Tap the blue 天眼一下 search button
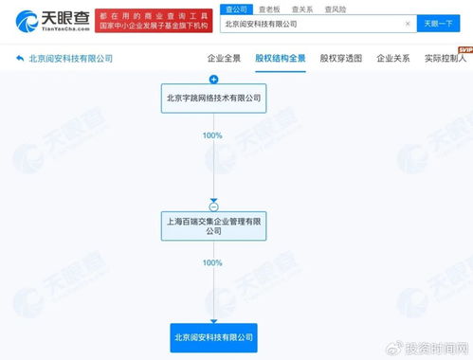(x=438, y=24)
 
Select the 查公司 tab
(x=236, y=8)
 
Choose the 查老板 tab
(x=269, y=8)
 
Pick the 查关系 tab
(x=302, y=8)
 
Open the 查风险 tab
(x=336, y=8)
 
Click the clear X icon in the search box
(x=408, y=24)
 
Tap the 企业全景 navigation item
(x=223, y=58)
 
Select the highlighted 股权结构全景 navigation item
(x=281, y=58)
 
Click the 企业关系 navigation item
(x=392, y=58)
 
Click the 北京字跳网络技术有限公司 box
(x=213, y=98)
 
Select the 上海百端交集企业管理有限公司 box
(x=213, y=225)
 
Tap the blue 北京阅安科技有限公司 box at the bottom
(x=213, y=335)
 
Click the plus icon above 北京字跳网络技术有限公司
(x=213, y=80)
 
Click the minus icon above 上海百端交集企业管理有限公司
(x=213, y=206)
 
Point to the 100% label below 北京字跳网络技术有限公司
(x=212, y=135)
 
